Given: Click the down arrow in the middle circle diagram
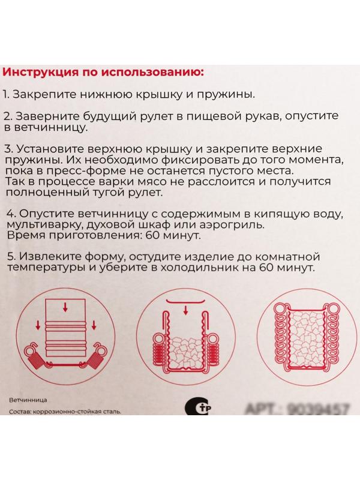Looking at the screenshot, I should [185, 310].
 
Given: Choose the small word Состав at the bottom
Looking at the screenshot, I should [21, 412].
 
